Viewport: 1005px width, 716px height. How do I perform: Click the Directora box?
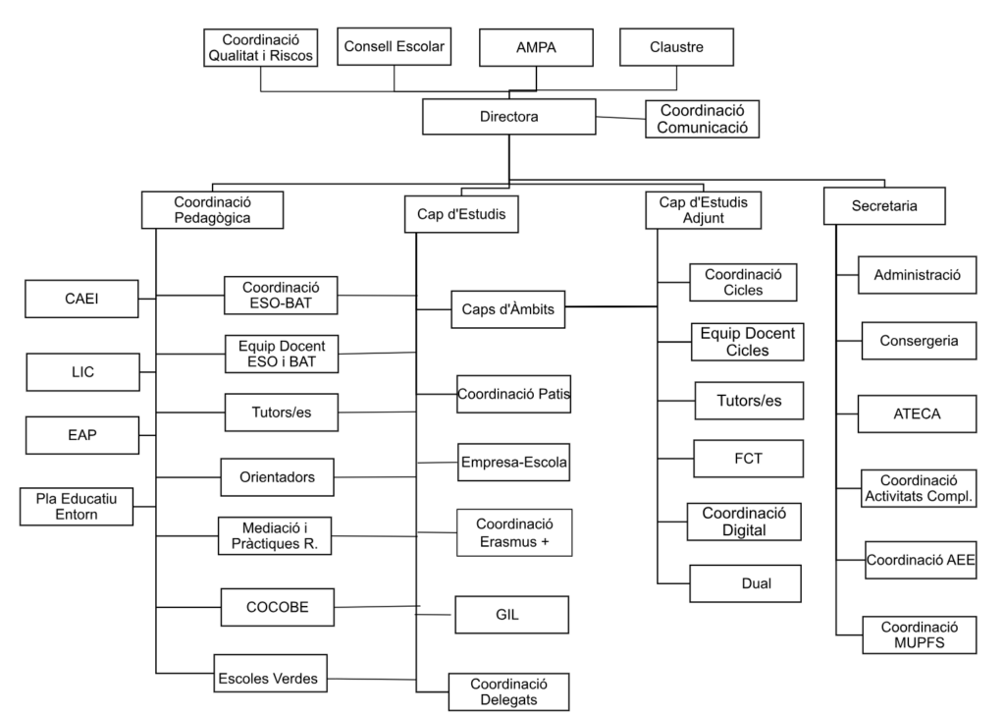click(x=508, y=117)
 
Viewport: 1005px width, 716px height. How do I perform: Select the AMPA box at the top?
click(x=537, y=46)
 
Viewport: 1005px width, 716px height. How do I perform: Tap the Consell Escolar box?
click(x=395, y=46)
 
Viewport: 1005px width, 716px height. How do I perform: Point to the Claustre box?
click(x=676, y=46)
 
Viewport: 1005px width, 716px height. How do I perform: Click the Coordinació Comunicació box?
click(x=703, y=118)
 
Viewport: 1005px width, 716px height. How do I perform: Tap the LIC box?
click(x=82, y=372)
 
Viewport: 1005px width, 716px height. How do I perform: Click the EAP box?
click(x=82, y=435)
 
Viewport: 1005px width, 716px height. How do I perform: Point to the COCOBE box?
click(x=278, y=606)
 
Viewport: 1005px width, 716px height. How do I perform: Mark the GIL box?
click(x=510, y=616)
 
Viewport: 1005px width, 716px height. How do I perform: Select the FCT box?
click(x=749, y=458)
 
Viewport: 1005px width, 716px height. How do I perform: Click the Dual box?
click(x=745, y=583)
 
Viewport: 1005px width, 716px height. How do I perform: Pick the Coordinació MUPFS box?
click(x=920, y=634)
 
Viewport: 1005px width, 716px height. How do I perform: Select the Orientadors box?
click(x=278, y=477)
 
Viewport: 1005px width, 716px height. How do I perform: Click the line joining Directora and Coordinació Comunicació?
click(x=620, y=119)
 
